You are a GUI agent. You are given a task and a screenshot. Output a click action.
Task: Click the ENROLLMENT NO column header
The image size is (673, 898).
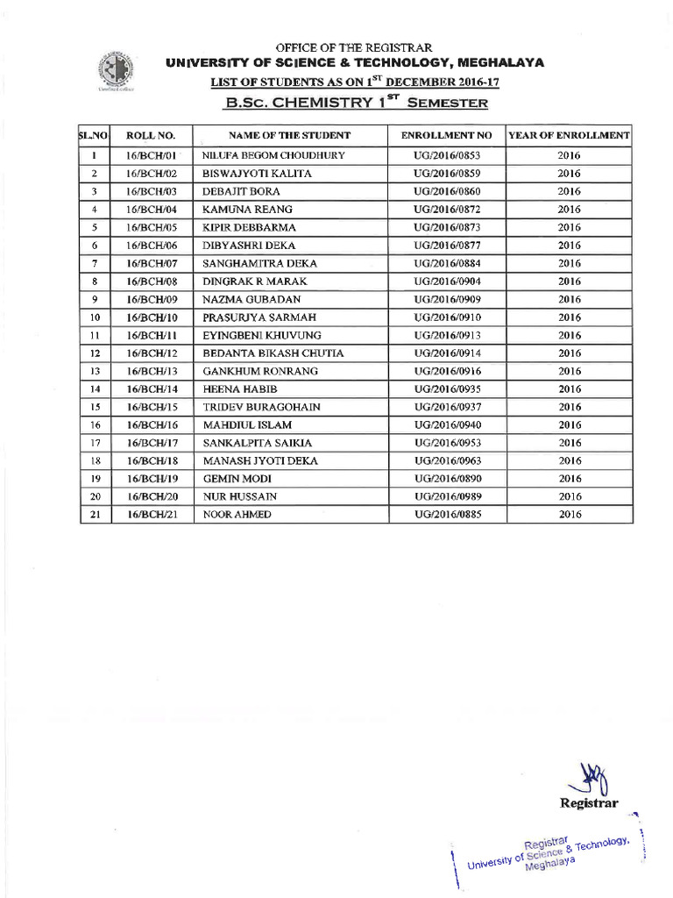pyautogui.click(x=447, y=136)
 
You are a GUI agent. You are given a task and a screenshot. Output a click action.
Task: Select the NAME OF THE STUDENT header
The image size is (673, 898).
pyautogui.click(x=289, y=136)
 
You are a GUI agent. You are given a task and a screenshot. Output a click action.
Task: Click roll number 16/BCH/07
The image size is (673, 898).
pyautogui.click(x=152, y=263)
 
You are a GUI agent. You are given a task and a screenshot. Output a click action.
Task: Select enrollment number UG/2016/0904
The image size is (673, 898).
pyautogui.click(x=447, y=282)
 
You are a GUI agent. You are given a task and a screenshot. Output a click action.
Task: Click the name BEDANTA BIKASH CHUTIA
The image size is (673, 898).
pyautogui.click(x=273, y=353)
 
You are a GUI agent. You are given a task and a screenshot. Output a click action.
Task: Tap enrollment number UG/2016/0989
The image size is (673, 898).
pyautogui.click(x=447, y=496)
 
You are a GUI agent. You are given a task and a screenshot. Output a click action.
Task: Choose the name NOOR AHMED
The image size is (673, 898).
pyautogui.click(x=237, y=515)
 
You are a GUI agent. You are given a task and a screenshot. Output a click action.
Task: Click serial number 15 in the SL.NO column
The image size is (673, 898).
pyautogui.click(x=93, y=407)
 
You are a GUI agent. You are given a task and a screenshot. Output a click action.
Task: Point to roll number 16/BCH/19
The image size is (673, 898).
pyautogui.click(x=152, y=479)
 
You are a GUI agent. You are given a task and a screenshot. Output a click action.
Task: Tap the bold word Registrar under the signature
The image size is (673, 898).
pyautogui.click(x=589, y=803)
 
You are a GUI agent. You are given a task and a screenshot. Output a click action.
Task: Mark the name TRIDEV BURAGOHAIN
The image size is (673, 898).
pyautogui.click(x=261, y=407)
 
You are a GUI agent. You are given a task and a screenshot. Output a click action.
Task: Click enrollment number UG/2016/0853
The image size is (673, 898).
pyautogui.click(x=447, y=155)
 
